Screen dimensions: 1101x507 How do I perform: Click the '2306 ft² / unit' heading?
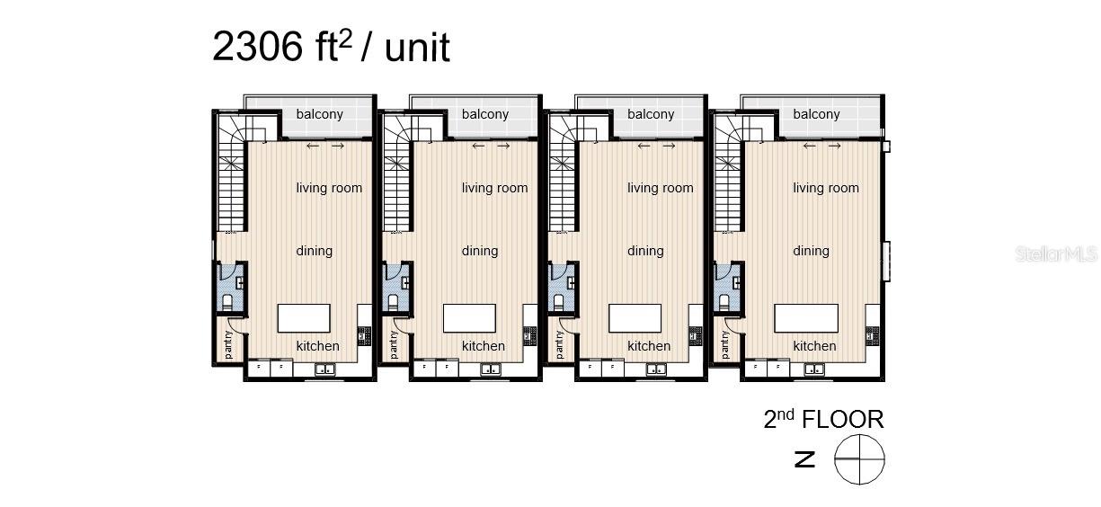[331, 47]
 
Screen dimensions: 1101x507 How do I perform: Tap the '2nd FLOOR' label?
[824, 419]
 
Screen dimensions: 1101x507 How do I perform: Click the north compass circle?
[859, 459]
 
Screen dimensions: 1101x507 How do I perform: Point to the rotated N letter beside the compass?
[805, 459]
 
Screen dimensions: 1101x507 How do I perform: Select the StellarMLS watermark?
[1056, 253]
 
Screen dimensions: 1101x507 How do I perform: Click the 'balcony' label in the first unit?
[319, 114]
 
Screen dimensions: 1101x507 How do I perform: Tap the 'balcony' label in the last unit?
[816, 114]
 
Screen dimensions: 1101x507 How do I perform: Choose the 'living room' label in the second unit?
[494, 188]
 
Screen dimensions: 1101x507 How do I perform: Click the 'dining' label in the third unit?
[645, 252]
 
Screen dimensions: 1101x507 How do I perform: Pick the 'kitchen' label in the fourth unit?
[814, 346]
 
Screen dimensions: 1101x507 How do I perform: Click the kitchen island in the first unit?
[304, 318]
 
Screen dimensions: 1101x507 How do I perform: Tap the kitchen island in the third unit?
[635, 318]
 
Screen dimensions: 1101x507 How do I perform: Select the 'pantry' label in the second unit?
[394, 344]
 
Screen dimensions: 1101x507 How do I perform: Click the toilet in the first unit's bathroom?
[227, 302]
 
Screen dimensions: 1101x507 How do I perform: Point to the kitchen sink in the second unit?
[490, 369]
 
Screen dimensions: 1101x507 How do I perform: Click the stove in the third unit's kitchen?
[695, 336]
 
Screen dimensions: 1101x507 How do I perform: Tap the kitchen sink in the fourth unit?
[814, 369]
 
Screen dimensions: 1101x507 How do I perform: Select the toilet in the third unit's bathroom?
[558, 302]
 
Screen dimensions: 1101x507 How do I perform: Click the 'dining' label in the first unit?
[314, 252]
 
